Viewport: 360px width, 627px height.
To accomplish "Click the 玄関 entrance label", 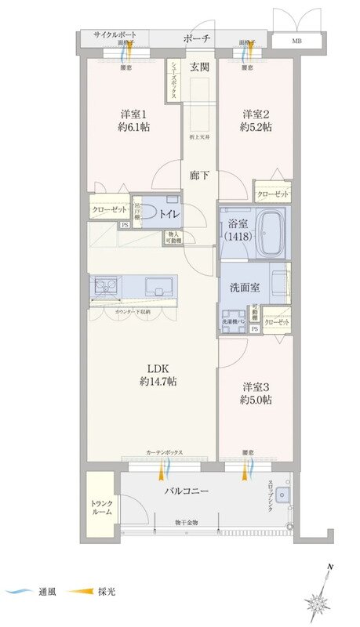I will tap(198, 67).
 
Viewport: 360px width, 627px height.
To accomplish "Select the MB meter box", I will tap(296, 40).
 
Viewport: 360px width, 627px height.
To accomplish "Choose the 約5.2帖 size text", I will tap(256, 127).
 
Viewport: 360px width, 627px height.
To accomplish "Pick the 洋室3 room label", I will tap(256, 386).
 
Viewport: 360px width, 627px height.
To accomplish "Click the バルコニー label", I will tap(186, 491).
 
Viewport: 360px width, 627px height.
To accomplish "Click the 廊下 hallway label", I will tap(198, 176).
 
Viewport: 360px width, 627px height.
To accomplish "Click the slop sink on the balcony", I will tap(283, 495).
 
